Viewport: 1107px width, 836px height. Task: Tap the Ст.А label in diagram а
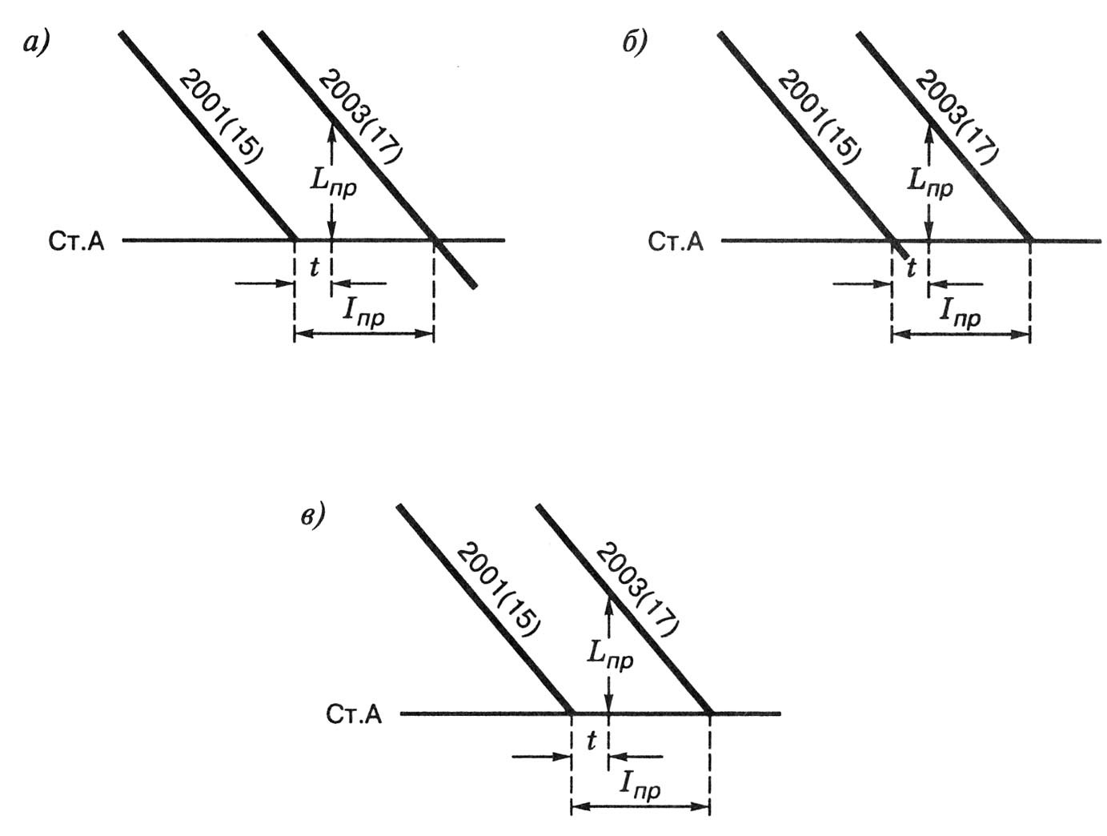77,242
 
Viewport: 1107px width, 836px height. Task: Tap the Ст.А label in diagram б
676,242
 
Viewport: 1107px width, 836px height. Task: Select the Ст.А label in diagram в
354,715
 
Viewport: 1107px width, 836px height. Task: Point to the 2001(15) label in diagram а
220,117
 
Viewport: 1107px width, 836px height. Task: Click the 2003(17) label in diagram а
359,117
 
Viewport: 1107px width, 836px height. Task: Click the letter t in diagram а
314,268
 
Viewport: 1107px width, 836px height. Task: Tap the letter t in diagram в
591,742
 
